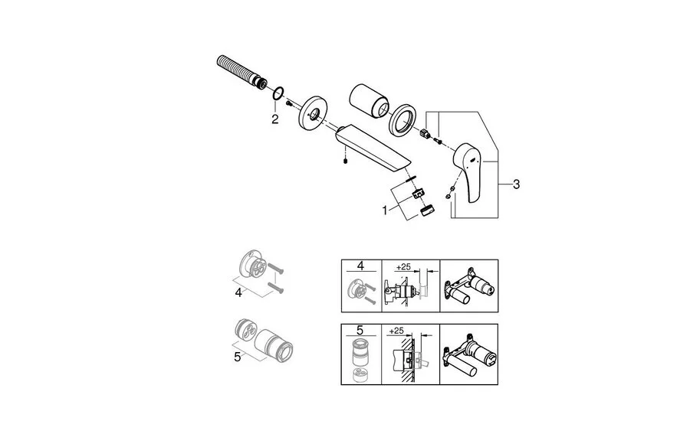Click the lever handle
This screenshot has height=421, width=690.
point(468,168)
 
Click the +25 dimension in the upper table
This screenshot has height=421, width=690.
point(404,269)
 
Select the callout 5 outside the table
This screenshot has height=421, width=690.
point(238,357)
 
